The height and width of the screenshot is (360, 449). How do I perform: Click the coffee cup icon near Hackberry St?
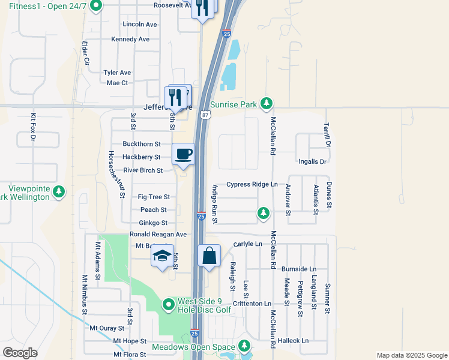[184, 154]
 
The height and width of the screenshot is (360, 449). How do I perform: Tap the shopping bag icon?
[209, 256]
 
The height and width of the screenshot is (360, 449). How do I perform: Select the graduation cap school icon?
[162, 256]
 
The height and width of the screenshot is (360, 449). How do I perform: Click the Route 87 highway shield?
[205, 114]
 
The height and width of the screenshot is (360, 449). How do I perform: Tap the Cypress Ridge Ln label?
[252, 184]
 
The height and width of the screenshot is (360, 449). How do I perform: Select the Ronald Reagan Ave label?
[158, 234]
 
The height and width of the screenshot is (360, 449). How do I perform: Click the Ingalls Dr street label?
[312, 162]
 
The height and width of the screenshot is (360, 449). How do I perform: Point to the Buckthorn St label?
[142, 144]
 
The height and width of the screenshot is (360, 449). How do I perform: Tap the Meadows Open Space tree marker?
[244, 346]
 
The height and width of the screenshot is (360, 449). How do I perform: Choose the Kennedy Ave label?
[130, 39]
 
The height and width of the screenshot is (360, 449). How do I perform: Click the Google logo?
[20, 353]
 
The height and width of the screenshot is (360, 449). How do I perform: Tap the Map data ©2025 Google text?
[411, 355]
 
